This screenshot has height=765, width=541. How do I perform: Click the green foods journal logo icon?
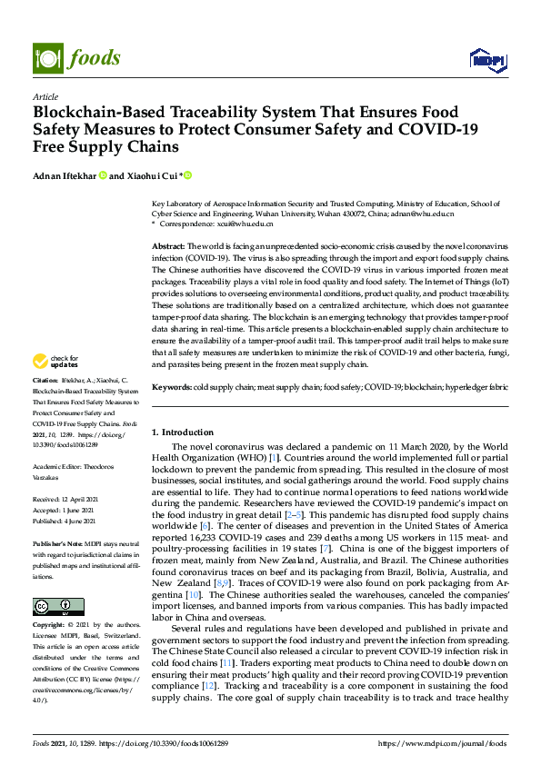click(x=45, y=57)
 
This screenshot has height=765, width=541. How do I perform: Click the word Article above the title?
click(x=45, y=97)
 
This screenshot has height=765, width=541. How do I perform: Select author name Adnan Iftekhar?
click(x=64, y=174)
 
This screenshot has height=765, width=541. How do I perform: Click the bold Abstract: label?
click(x=168, y=246)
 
